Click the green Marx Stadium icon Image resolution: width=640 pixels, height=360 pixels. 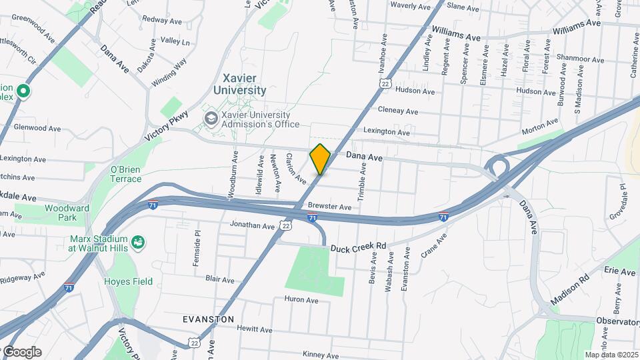138,241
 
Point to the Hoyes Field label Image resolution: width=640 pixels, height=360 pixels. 128,281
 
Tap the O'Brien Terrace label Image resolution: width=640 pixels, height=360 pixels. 125,174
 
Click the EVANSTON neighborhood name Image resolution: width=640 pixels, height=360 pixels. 209,319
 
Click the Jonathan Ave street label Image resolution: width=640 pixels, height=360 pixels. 253,227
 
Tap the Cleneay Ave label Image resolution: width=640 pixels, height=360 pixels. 397,111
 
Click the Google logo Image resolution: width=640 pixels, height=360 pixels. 21,351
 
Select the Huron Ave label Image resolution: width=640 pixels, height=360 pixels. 301,301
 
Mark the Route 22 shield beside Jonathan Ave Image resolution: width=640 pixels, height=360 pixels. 286,227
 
